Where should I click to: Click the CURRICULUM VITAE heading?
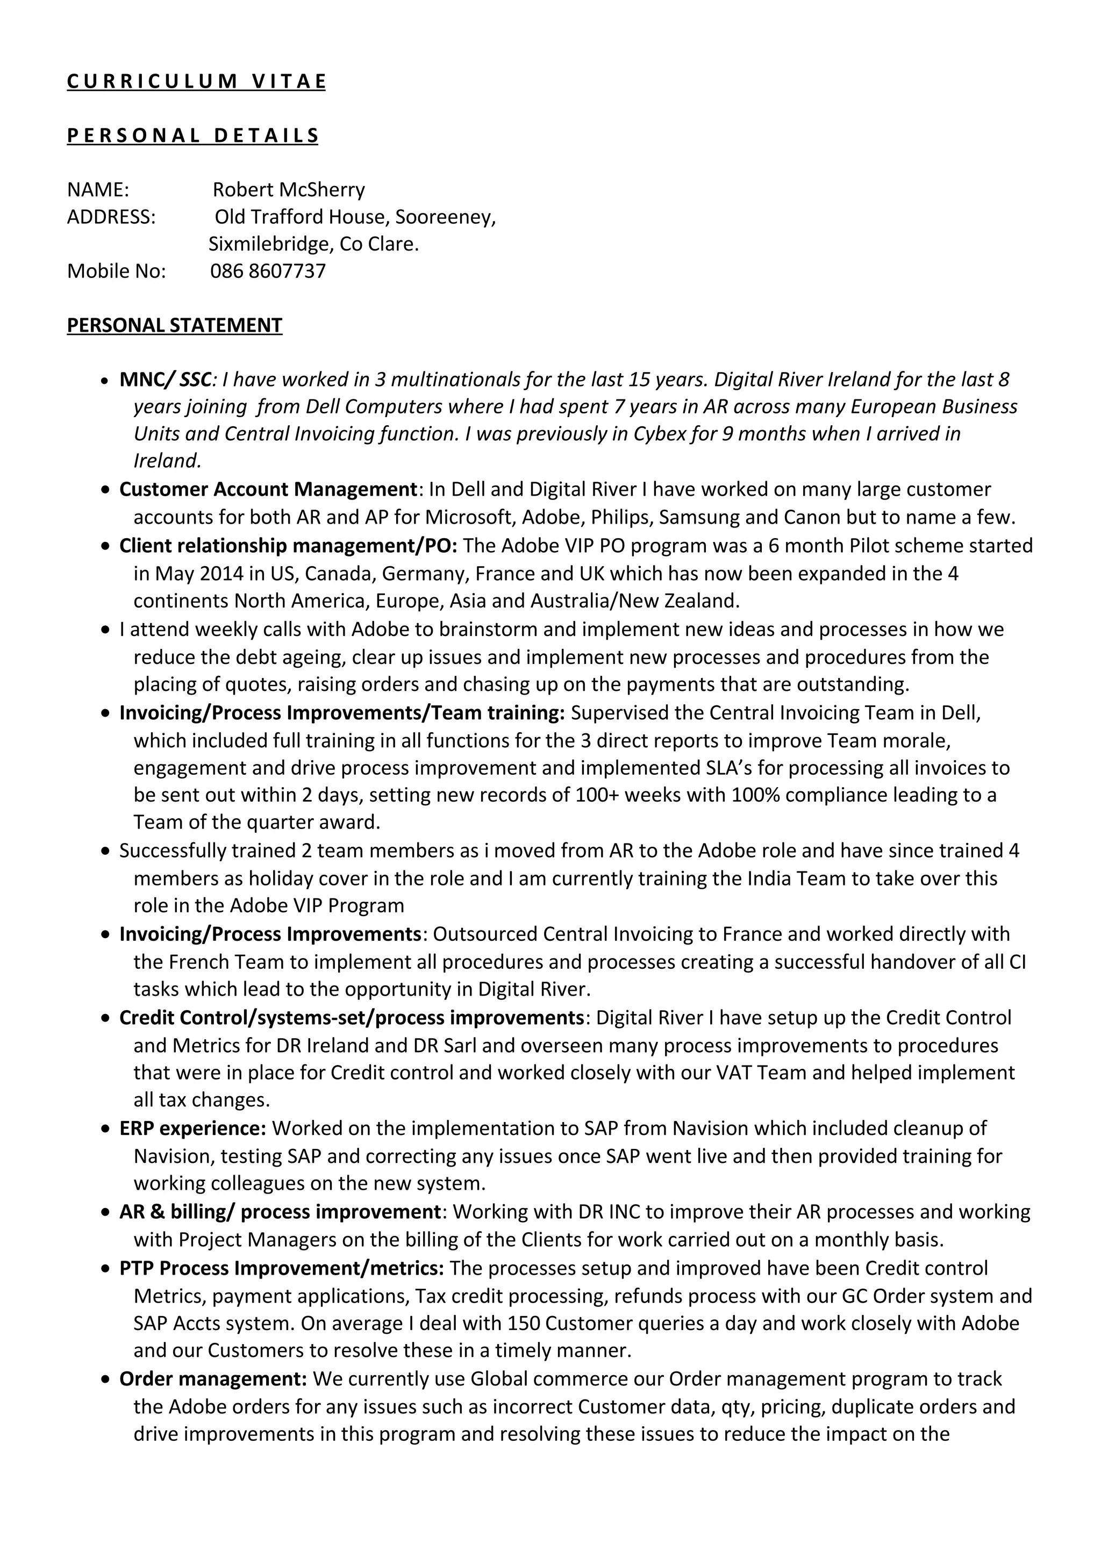196,81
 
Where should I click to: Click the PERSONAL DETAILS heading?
192,135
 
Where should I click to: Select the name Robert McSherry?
288,189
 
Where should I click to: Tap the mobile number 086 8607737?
268,271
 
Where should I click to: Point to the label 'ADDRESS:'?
111,217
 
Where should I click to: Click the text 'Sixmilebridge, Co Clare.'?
313,244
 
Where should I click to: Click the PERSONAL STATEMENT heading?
174,325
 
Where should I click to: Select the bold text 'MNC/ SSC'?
166,380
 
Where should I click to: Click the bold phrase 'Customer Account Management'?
267,489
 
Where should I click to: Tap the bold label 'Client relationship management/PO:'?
288,546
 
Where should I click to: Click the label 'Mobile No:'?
116,271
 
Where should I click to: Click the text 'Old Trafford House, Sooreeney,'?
355,217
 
